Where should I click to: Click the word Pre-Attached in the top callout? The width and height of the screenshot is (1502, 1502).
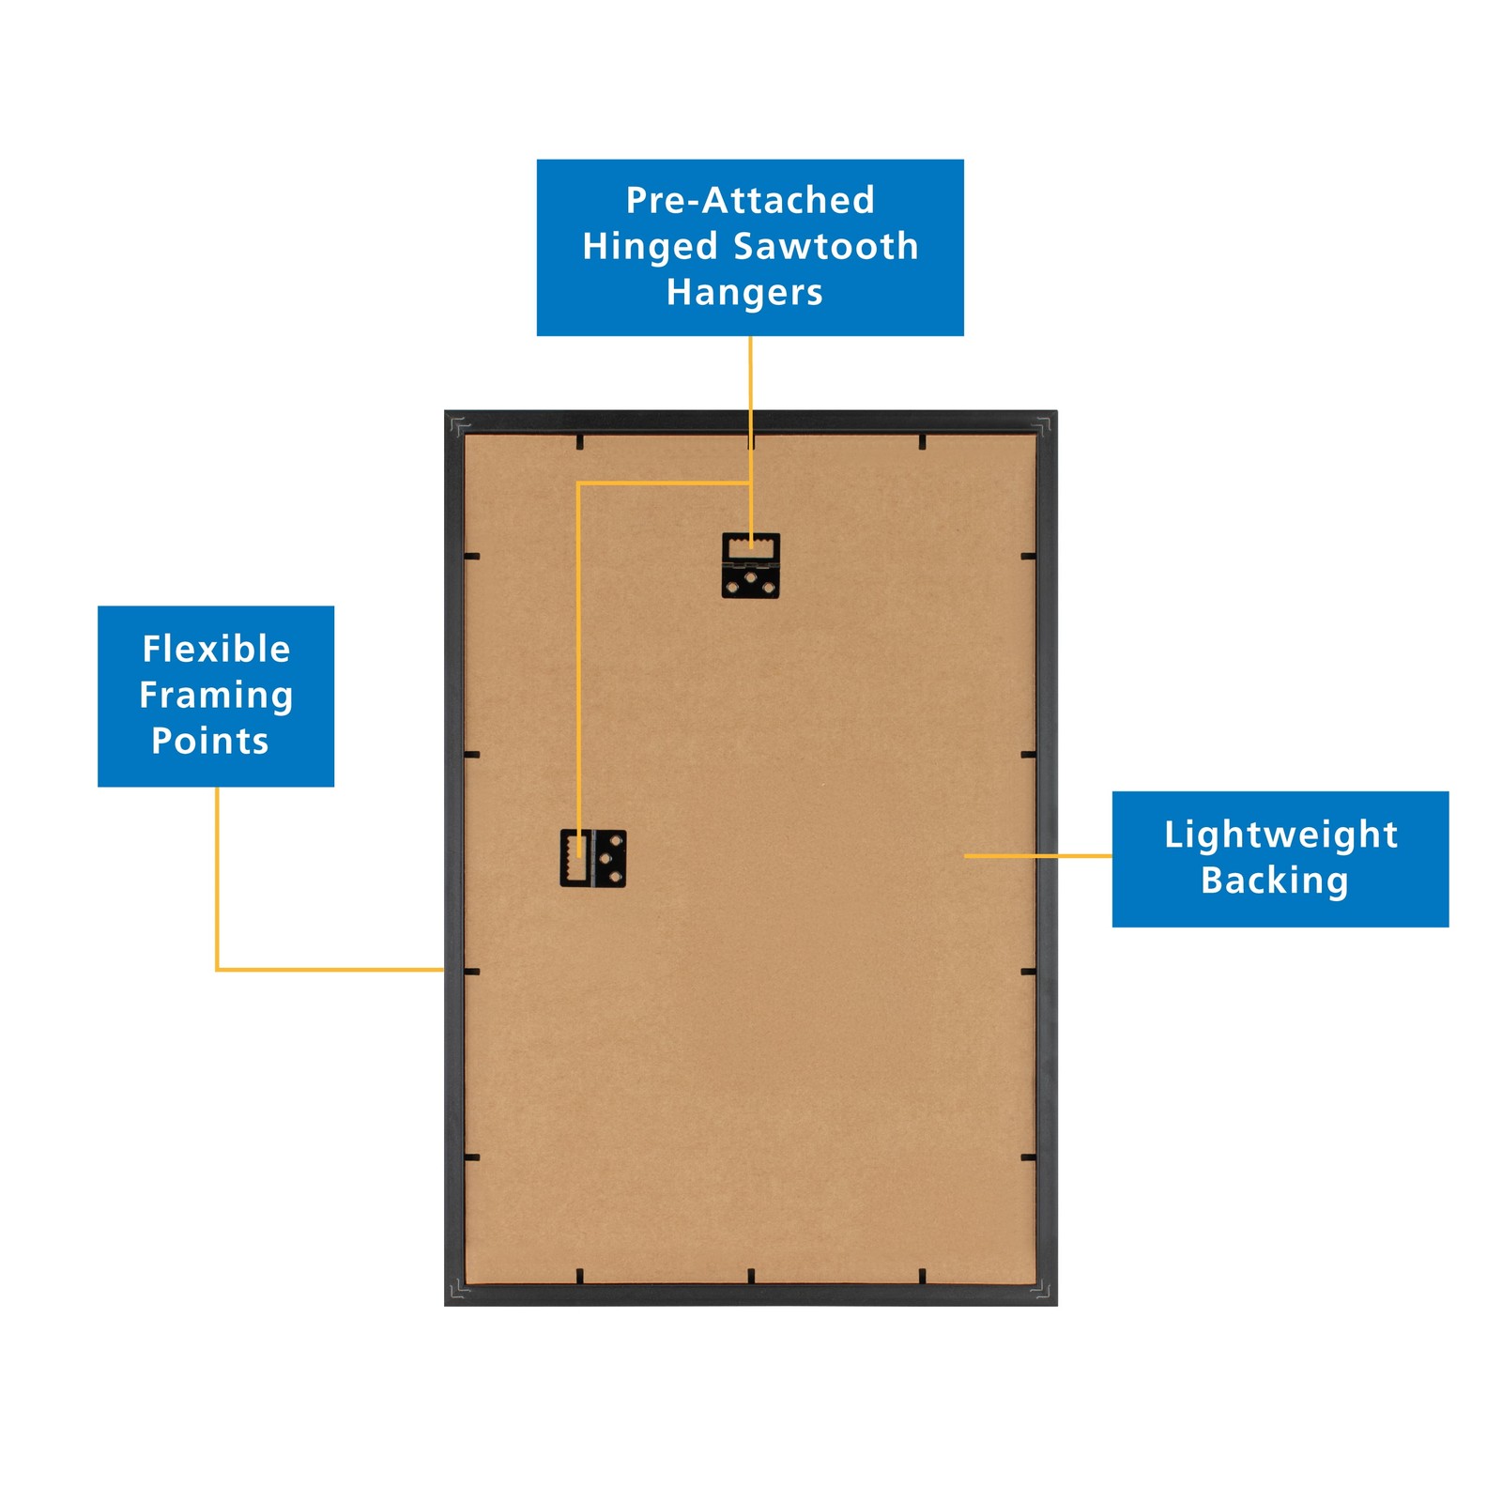[x=750, y=200]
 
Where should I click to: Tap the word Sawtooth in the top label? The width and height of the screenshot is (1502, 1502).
[x=825, y=246]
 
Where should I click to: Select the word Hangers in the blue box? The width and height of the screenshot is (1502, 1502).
[x=744, y=292]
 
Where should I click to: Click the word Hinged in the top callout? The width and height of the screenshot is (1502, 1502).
[x=650, y=246]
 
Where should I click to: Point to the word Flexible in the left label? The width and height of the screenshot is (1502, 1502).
[x=216, y=649]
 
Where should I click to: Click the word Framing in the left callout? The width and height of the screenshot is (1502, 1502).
[x=216, y=695]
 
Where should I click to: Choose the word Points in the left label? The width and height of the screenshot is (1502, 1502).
[x=210, y=741]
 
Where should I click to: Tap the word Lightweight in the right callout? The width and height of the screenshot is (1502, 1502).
[x=1280, y=834]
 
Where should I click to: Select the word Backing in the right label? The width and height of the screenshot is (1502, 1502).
[x=1274, y=880]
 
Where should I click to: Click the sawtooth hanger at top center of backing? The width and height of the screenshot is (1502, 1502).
[x=750, y=565]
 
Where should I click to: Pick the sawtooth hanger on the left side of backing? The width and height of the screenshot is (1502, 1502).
[x=592, y=858]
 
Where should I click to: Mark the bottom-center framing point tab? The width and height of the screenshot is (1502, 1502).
[x=751, y=1275]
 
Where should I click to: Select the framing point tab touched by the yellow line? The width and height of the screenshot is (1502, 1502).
[x=471, y=971]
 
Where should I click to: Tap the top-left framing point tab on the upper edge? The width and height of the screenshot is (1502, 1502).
[x=579, y=441]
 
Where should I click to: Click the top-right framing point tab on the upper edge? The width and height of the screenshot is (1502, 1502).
[x=922, y=441]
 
